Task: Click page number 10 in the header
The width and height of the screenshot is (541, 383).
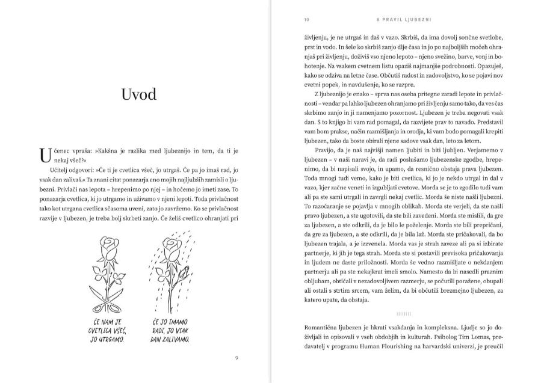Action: click(x=307, y=19)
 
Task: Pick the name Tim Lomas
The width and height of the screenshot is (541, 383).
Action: click(x=460, y=338)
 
